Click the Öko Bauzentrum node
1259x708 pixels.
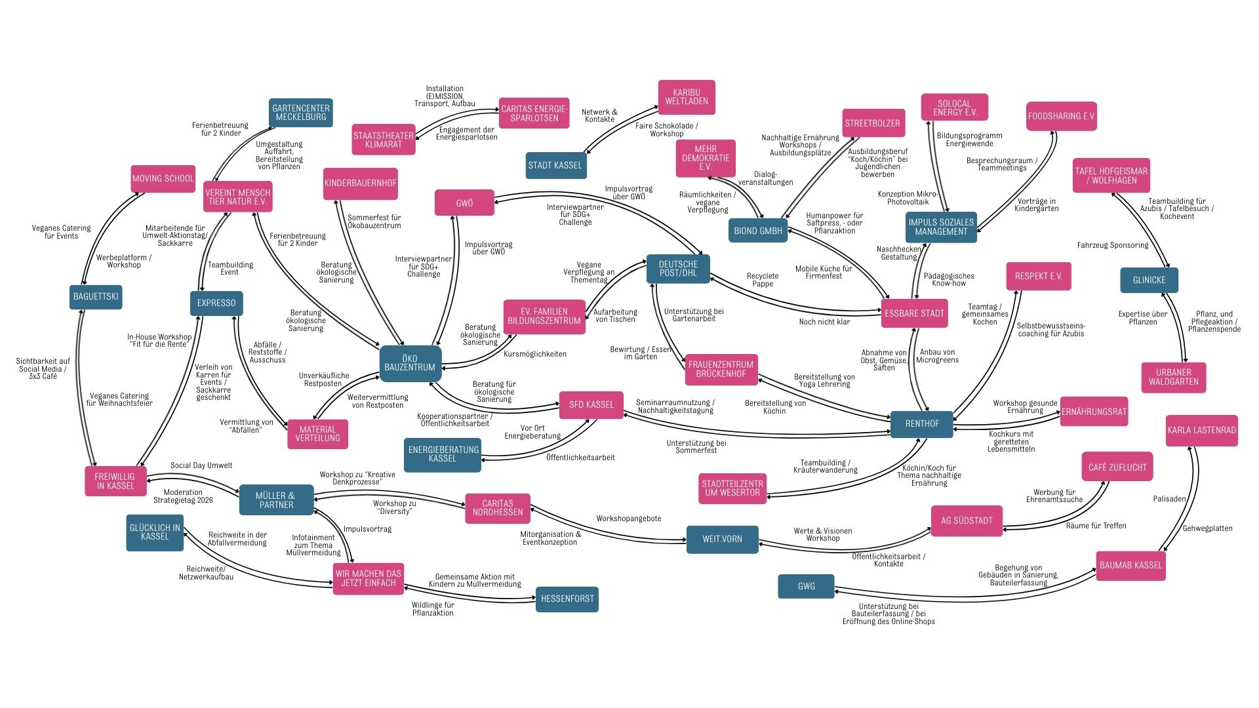point(410,363)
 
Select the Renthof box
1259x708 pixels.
point(922,423)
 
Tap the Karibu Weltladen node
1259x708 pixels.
point(686,97)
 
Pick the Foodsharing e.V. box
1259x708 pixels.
point(1061,116)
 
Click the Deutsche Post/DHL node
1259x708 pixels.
point(678,269)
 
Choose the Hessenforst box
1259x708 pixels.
point(567,599)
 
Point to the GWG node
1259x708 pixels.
point(806,586)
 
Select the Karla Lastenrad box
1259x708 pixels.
point(1201,430)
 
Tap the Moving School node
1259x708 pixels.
point(163,178)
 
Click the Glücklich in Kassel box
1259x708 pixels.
point(155,532)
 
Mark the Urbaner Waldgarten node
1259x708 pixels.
point(1173,377)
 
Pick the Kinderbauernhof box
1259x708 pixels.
point(360,184)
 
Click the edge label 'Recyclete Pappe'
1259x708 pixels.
point(763,280)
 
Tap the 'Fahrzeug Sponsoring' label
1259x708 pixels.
point(1112,245)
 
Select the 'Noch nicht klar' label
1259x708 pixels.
point(824,322)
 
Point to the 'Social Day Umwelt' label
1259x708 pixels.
point(201,465)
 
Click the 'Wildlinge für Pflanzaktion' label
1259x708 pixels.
point(433,609)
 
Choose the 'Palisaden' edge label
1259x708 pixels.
point(1169,499)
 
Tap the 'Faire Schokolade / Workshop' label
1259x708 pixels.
point(666,130)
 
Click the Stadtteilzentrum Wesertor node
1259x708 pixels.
point(732,488)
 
